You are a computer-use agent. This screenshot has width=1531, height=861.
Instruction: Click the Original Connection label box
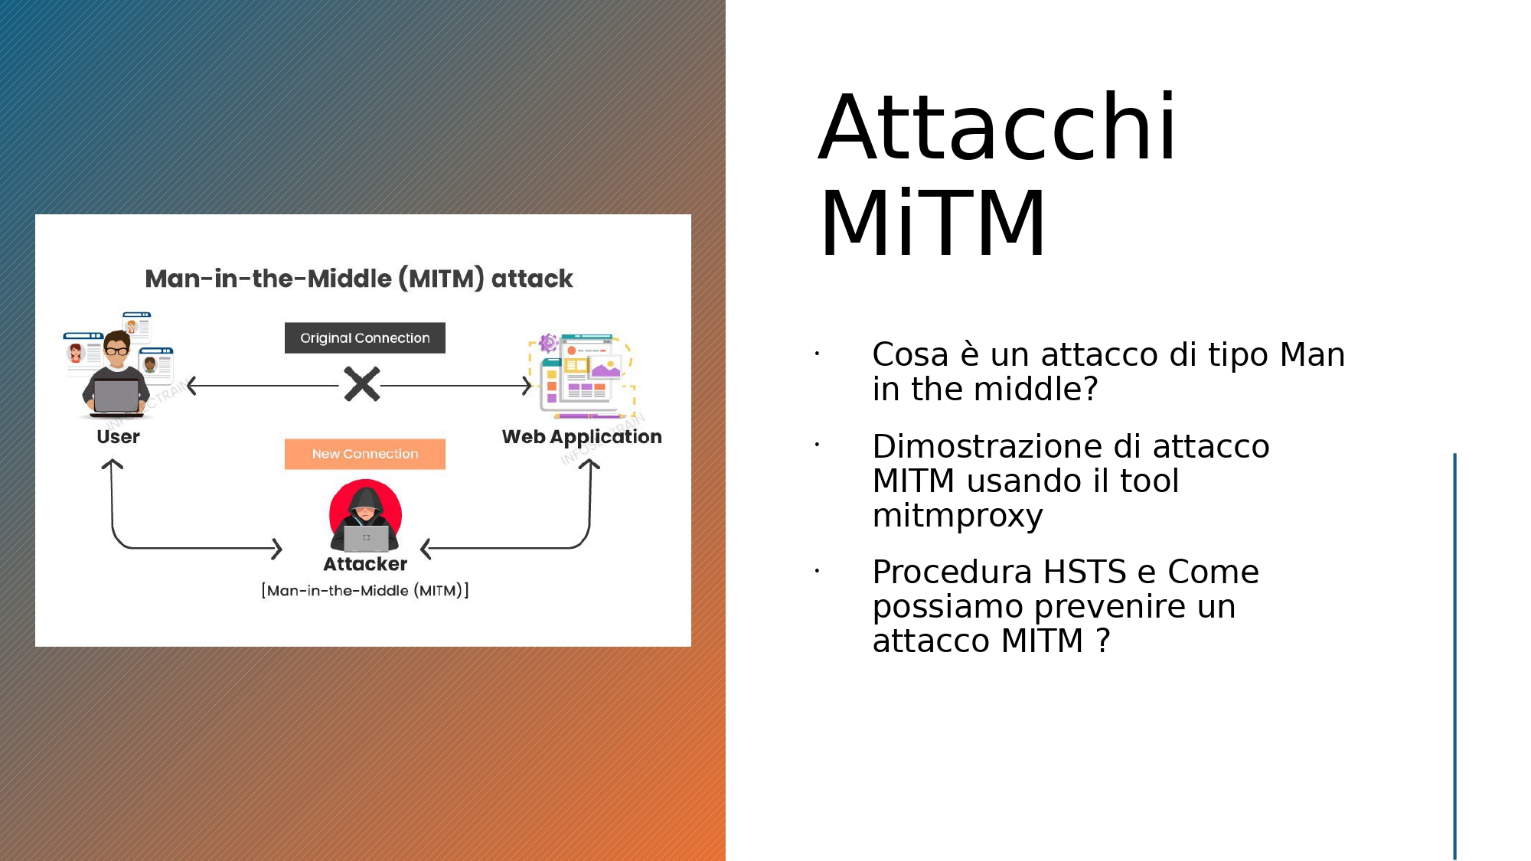point(365,338)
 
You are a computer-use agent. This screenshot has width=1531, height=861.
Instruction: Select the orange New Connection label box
point(365,454)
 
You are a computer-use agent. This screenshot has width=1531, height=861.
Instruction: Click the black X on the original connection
point(362,384)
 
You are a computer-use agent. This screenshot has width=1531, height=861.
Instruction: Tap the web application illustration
point(583,376)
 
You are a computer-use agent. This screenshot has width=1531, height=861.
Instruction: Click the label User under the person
point(118,437)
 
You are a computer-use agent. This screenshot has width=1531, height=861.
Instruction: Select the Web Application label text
point(582,437)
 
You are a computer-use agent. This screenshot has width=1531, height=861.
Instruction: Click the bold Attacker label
point(365,564)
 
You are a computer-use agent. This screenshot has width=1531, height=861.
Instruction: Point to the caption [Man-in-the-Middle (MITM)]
point(365,590)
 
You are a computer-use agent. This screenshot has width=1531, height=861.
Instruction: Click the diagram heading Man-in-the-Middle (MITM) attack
point(359,279)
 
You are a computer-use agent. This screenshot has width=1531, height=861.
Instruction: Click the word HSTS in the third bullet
point(1085,572)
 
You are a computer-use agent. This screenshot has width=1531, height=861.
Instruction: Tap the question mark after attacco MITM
point(1103,641)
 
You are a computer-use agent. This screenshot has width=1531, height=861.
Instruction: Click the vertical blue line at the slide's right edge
point(1454,657)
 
